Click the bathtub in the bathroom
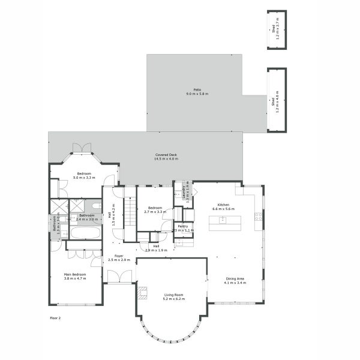tap(83, 232)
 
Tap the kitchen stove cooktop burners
tap(258, 216)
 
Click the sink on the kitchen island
tap(223, 220)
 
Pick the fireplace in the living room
tap(142, 292)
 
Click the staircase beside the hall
tap(131, 213)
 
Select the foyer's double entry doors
tap(119, 277)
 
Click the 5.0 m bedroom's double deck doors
tap(82, 148)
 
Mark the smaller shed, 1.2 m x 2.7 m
tap(277, 30)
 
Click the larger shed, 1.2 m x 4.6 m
tap(277, 100)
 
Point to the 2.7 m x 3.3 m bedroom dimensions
tap(155, 212)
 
